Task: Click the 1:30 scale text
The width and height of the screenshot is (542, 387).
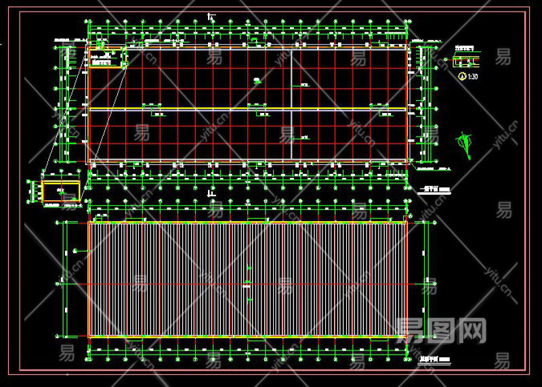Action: [473, 76]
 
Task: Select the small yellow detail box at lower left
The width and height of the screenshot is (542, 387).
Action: [61, 191]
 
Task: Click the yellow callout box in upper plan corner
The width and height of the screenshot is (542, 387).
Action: [108, 58]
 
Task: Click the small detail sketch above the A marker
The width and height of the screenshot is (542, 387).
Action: [467, 62]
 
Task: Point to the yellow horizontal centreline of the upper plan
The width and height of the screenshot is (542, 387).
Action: [247, 108]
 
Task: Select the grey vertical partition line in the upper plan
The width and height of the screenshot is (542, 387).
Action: [291, 101]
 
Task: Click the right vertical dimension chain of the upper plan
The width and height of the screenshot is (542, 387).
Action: [425, 105]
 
